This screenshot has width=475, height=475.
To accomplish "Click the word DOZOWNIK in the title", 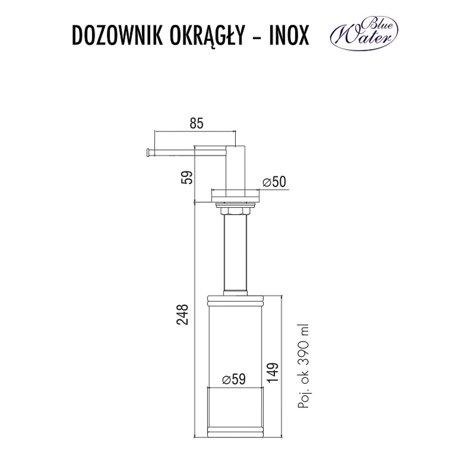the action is click(x=117, y=35).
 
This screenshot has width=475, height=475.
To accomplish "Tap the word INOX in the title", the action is click(x=289, y=35).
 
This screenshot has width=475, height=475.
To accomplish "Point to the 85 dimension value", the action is click(x=196, y=123).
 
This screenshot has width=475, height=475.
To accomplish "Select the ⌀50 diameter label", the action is click(x=274, y=182).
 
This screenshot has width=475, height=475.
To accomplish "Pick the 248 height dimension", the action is click(x=182, y=314).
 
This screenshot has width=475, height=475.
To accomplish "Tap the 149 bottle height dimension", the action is click(x=273, y=372).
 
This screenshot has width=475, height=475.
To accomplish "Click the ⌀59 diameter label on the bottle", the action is click(x=233, y=379).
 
